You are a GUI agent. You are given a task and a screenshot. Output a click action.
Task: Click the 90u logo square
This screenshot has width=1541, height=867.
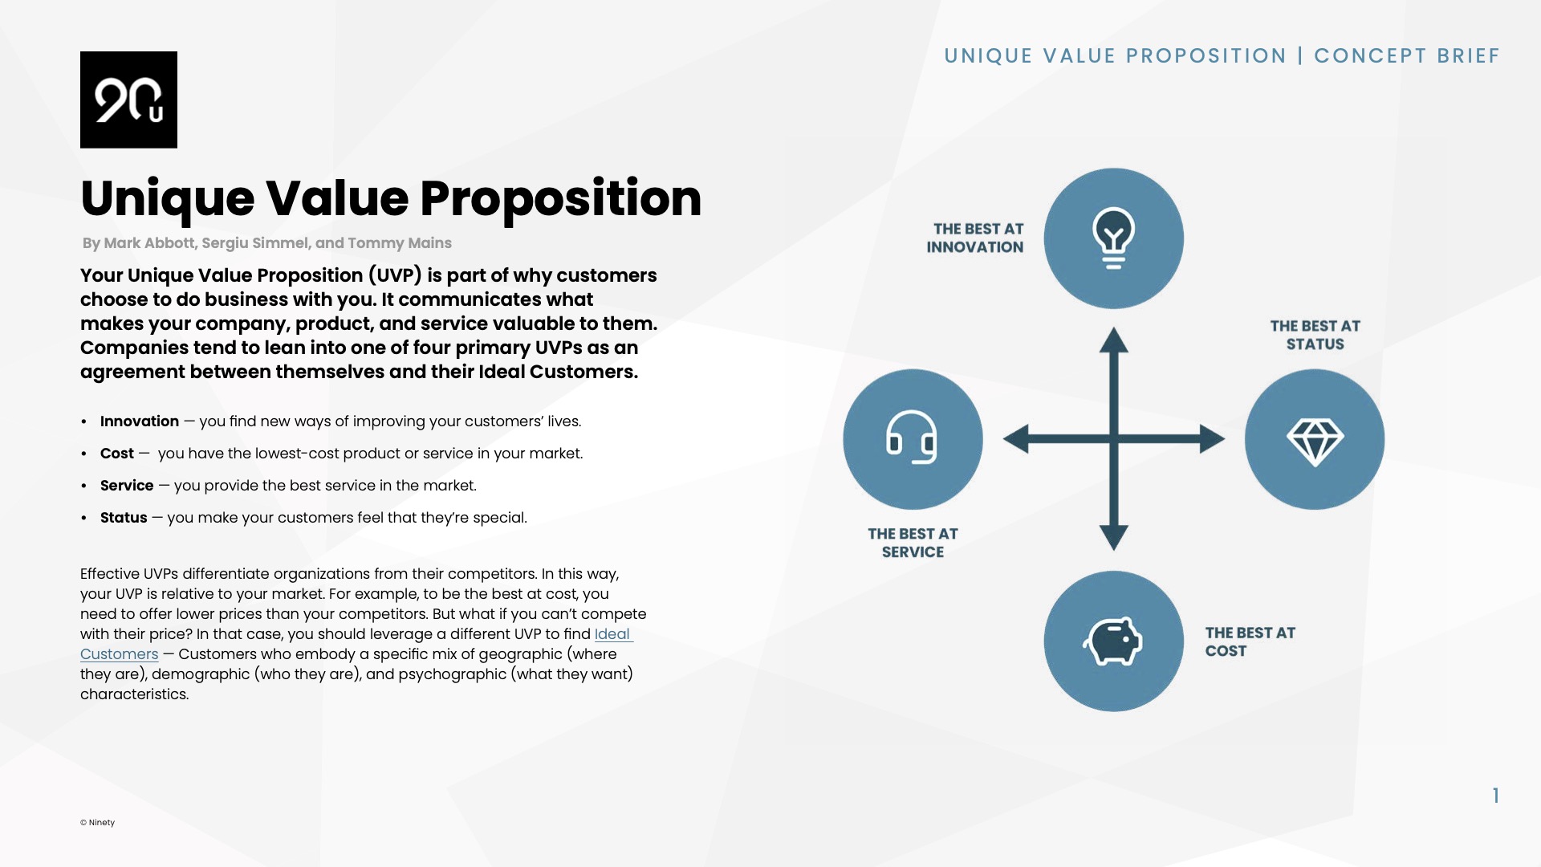pos(128,100)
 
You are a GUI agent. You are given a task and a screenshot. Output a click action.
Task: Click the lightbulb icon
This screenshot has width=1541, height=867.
pos(1113,238)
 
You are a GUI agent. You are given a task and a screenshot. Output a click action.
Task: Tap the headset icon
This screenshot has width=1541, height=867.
pos(913,438)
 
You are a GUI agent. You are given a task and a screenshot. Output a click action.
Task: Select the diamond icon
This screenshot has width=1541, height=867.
pos(1315,440)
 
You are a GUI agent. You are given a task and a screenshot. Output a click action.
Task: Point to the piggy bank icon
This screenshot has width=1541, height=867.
pos(1112,641)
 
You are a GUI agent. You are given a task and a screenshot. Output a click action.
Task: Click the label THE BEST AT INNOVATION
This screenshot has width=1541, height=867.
pos(975,238)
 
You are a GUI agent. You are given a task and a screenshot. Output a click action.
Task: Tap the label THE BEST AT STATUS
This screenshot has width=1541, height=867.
pos(1315,335)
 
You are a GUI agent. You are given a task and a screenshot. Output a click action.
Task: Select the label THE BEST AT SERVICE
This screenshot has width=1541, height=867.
pos(913,543)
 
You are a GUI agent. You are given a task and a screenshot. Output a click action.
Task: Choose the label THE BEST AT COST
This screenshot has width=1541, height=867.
pos(1250,642)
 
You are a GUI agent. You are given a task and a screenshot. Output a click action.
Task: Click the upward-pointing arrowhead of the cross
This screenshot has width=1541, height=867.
pos(1113,340)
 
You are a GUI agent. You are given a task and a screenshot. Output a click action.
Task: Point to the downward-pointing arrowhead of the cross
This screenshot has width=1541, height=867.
pos(1113,536)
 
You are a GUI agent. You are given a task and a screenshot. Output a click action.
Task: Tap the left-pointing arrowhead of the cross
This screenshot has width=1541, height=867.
pos(1017,439)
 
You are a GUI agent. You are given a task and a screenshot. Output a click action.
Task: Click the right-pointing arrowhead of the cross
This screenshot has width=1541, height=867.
pos(1211,439)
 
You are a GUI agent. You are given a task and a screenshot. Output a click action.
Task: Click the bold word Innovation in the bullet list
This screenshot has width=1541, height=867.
pos(140,421)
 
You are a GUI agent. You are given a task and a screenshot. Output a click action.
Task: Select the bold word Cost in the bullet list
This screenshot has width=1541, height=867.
pos(117,454)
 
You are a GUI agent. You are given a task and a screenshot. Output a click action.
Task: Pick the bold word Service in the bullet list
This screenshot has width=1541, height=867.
pos(127,486)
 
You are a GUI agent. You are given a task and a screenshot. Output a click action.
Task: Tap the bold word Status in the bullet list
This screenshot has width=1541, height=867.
pos(124,518)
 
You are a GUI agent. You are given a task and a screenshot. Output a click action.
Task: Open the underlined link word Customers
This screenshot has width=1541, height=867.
pos(120,654)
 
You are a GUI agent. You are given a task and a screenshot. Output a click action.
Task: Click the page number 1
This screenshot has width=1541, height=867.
pos(1496,796)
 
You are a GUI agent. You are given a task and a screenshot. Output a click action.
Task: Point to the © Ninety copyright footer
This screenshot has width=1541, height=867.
pos(97,822)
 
